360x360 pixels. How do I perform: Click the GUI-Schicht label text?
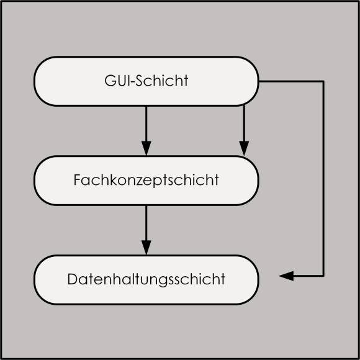[x=146, y=81]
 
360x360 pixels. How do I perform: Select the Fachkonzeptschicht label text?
[x=146, y=180]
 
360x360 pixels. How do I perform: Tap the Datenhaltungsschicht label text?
[x=146, y=279]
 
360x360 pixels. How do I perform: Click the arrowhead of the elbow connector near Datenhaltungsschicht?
[x=286, y=276]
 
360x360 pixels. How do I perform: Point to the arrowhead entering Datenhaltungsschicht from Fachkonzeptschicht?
[x=146, y=248]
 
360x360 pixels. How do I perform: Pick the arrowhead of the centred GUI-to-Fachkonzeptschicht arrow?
[x=146, y=148]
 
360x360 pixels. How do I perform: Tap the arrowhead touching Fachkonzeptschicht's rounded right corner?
[x=244, y=148]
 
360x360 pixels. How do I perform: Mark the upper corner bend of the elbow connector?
[x=323, y=81]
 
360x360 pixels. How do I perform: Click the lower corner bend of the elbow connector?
[x=323, y=276]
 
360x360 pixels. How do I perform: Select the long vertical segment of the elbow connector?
[x=323, y=179]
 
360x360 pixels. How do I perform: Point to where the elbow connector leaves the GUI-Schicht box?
[x=259, y=81]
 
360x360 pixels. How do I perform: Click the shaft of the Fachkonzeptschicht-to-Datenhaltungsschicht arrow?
[x=146, y=223]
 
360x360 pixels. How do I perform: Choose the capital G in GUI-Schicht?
[x=109, y=81]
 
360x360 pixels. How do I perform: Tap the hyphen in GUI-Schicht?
[x=132, y=82]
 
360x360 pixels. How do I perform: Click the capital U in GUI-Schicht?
[x=120, y=81]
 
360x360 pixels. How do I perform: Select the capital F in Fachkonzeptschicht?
[x=77, y=180]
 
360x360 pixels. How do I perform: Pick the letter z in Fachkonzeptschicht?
[x=139, y=181]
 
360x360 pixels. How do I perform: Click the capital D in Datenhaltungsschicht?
[x=72, y=279]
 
